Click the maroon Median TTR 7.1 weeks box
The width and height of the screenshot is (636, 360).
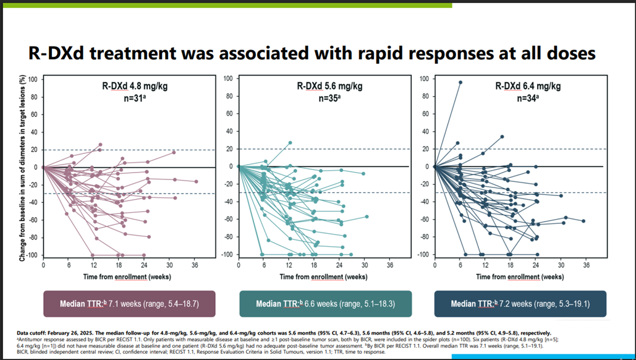(129, 304)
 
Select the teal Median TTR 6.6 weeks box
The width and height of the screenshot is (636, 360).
(325, 304)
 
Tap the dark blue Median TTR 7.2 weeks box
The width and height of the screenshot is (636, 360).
(521, 304)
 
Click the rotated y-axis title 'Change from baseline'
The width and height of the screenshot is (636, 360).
(22, 167)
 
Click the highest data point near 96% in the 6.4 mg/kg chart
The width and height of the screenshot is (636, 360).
(460, 82)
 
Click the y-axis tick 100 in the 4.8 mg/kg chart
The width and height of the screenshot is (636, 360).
(32, 80)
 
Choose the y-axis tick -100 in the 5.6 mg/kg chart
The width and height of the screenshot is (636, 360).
(228, 254)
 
